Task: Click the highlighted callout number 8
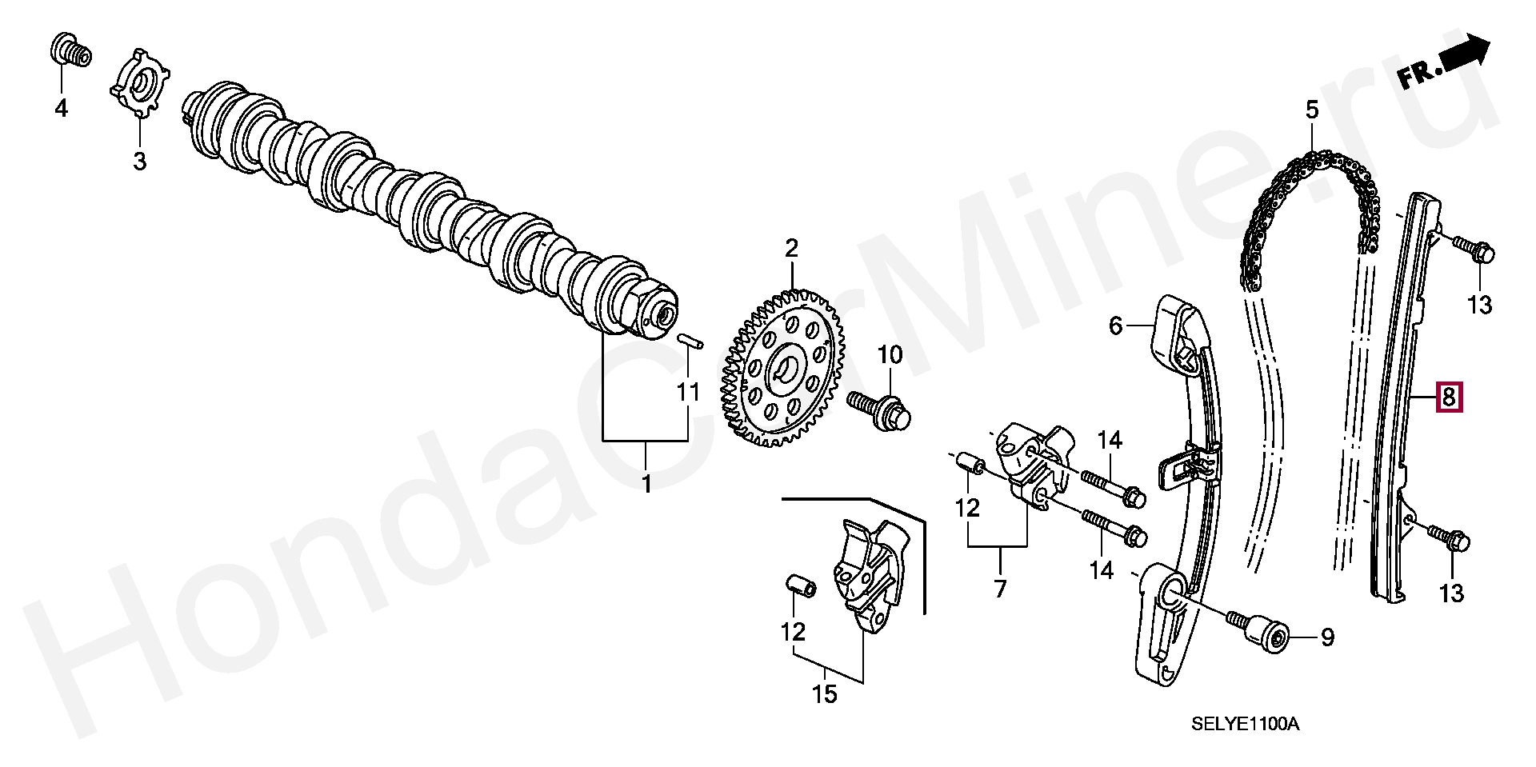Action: [1449, 397]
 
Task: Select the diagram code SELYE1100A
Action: [1246, 725]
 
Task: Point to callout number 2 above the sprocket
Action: [791, 249]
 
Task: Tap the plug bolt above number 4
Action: [70, 50]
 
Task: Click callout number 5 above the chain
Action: [1312, 110]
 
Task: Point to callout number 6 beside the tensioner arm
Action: [1115, 326]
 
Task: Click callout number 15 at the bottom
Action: [824, 694]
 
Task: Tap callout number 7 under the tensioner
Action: [1000, 589]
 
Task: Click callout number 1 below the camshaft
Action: [646, 484]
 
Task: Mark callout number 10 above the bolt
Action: [890, 354]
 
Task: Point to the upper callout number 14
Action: [1110, 440]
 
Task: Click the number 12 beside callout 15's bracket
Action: [793, 632]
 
